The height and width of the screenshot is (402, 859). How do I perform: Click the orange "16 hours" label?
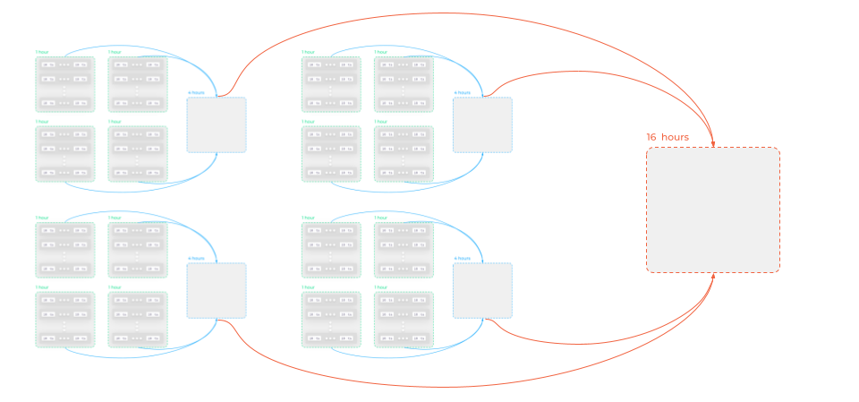668,137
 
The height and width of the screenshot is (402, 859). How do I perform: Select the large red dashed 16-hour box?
713,210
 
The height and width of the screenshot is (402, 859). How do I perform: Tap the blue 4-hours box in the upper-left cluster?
217,124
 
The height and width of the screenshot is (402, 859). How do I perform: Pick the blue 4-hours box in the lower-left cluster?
217,290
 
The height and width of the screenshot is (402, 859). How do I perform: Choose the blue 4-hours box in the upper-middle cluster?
482,124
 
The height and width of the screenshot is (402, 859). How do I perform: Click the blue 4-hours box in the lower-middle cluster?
482,290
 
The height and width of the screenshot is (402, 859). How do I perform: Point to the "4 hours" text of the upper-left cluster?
196,93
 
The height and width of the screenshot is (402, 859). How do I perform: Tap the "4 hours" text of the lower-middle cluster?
462,259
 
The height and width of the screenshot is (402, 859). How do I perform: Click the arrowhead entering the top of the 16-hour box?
713,144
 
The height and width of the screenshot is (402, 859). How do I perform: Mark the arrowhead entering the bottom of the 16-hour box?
713,276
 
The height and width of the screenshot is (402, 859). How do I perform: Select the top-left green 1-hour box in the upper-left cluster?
65,84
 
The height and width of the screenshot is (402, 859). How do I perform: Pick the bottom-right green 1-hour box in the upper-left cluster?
138,154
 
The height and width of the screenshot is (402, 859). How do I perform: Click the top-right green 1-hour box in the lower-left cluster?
138,250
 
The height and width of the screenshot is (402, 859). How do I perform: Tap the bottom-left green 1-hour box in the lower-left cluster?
65,320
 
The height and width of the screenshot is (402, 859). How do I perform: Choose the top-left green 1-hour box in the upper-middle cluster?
331,84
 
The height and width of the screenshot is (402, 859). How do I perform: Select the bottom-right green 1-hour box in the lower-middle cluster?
404,320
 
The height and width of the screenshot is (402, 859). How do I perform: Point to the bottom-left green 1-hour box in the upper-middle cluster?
331,154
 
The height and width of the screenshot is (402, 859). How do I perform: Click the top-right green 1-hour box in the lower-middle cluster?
404,250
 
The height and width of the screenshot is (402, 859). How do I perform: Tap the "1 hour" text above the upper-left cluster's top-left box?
42,52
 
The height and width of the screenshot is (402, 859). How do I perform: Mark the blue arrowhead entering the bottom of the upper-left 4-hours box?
217,155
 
